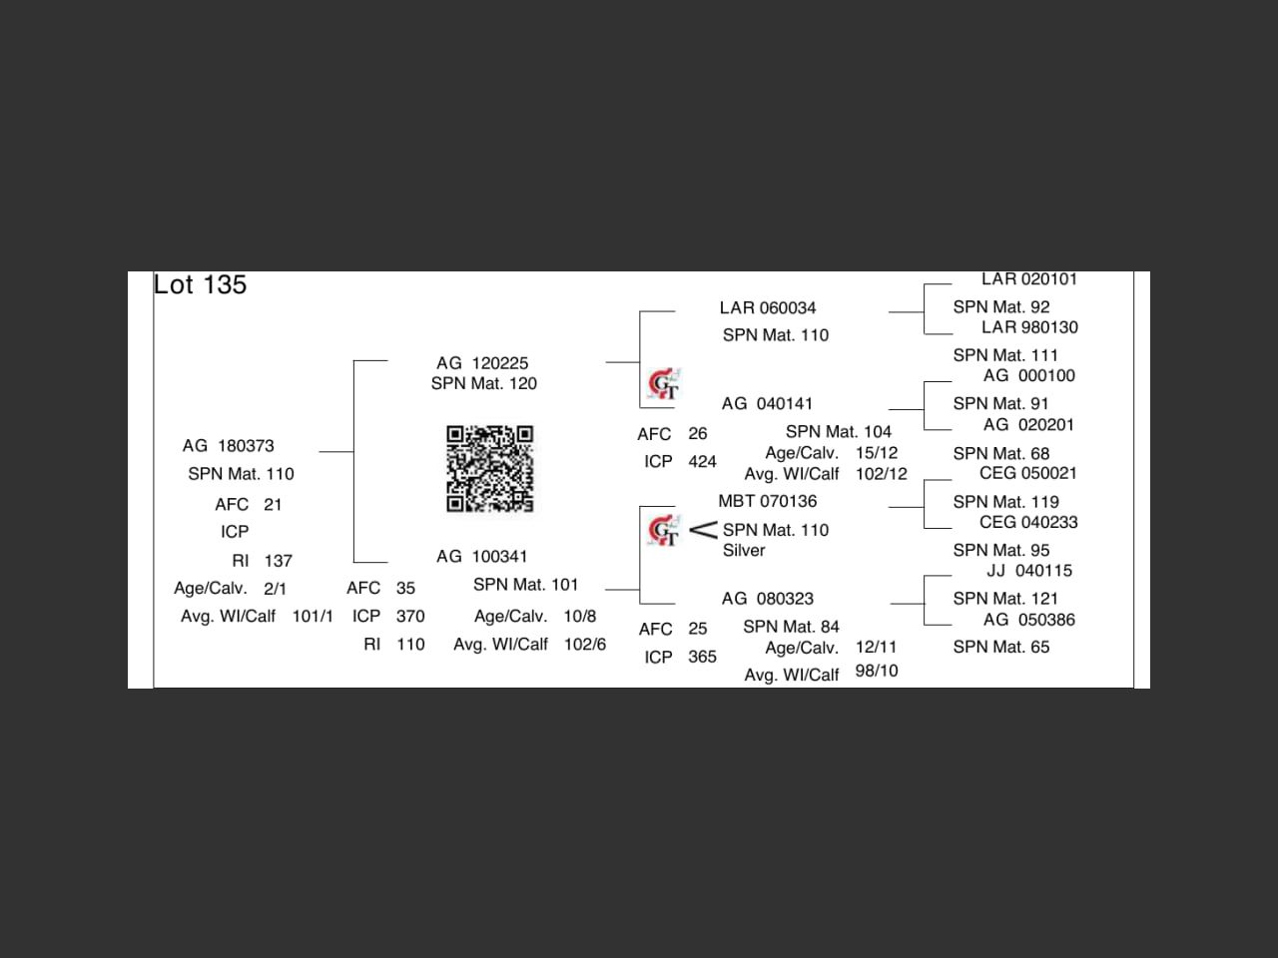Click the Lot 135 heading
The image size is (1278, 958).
coord(200,285)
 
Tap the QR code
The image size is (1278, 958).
coord(489,469)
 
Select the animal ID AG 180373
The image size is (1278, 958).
coord(229,446)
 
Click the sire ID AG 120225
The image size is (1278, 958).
coord(482,363)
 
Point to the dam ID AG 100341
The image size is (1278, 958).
coord(481,557)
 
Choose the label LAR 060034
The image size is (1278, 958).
coord(768,308)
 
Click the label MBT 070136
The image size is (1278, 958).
coord(767,502)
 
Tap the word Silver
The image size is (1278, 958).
coord(744,551)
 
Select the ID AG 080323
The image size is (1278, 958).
coord(767,599)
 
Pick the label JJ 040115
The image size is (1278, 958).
coord(1028,571)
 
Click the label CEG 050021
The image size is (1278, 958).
coord(1027,474)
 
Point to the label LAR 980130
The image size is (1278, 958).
coord(1028,327)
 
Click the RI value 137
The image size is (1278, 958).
coord(279,561)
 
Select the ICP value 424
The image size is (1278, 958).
coord(702,462)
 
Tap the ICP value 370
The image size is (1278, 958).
coord(410,617)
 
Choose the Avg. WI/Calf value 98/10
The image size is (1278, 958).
coord(877,672)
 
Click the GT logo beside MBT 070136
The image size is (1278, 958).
coord(664,531)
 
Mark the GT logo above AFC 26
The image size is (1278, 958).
coord(664,384)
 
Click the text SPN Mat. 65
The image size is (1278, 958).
coord(1000,648)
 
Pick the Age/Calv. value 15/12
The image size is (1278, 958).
coord(877,453)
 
